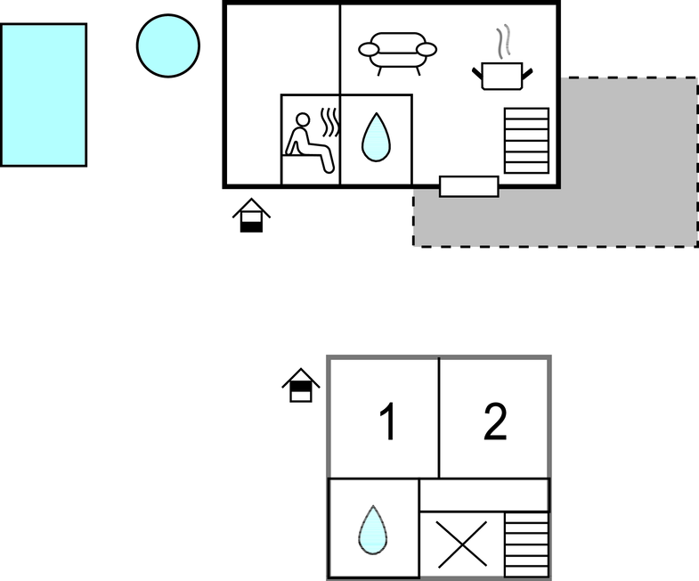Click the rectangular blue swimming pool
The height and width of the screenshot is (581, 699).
point(44,94)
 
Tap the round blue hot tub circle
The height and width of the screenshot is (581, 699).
point(168,45)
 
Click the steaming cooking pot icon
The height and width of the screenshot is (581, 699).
point(504,75)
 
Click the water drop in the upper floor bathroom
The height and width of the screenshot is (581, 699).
point(376,139)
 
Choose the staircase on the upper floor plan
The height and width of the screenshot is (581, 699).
point(526,140)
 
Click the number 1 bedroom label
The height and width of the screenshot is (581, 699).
point(386,422)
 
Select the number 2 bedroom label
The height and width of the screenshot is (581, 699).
point(495,421)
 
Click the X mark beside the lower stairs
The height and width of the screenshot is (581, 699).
point(462,544)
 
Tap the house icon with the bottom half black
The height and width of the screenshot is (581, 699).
point(252,215)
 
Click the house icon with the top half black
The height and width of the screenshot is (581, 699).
point(301,385)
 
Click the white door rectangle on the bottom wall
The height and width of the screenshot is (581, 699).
point(469,186)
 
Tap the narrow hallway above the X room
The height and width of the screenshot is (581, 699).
point(484,495)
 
